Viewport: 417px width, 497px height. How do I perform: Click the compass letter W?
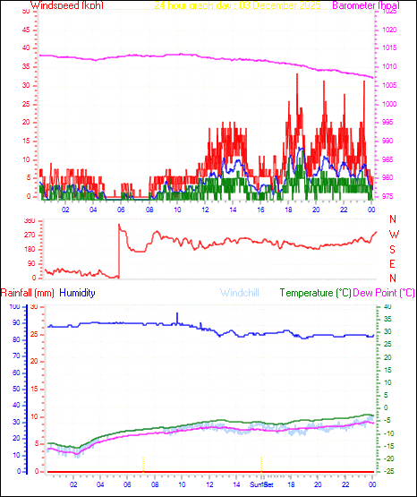click(x=392, y=235)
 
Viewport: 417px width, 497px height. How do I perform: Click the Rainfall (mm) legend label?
click(x=28, y=293)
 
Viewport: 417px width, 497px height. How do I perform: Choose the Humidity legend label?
click(x=78, y=293)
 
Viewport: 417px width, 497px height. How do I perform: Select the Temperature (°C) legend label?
click(x=315, y=293)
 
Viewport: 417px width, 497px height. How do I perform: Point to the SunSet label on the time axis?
click(x=262, y=484)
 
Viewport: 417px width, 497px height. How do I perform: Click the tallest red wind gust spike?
click(x=297, y=74)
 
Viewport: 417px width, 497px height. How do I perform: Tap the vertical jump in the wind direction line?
click(x=118, y=251)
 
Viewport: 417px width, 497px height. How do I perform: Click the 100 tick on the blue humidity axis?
click(x=12, y=307)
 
